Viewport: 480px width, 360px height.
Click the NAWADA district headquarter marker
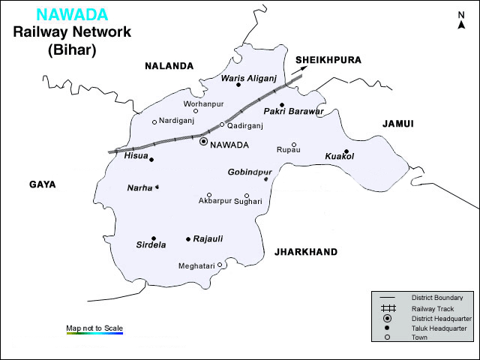(x=203, y=141)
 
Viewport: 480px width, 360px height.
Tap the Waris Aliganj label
(x=249, y=77)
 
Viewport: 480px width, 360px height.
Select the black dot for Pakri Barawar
(x=282, y=105)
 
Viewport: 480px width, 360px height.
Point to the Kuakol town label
(x=339, y=156)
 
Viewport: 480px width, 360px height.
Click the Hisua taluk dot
(x=151, y=159)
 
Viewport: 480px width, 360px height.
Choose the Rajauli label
(x=208, y=238)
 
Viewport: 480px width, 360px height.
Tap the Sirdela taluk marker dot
(x=153, y=238)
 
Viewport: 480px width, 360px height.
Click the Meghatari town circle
(x=220, y=265)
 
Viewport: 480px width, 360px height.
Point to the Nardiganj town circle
(x=154, y=122)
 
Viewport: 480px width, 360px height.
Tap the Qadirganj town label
(x=247, y=125)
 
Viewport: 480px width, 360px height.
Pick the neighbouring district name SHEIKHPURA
(x=328, y=60)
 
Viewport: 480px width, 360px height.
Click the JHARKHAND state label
(x=306, y=252)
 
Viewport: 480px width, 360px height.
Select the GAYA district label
(x=43, y=184)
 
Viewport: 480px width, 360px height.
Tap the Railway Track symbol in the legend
(x=388, y=308)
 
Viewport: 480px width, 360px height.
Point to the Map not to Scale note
(x=94, y=328)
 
